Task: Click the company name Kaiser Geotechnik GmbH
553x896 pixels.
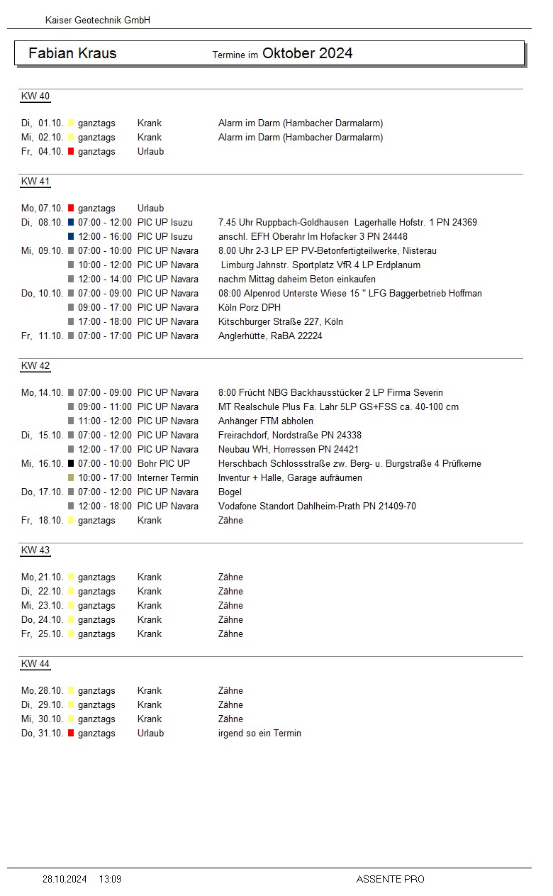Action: click(97, 21)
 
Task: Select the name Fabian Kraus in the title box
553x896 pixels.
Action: click(72, 53)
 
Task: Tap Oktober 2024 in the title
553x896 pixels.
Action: click(307, 53)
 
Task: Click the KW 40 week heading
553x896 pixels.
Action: click(35, 96)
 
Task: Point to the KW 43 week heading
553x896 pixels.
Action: click(35, 551)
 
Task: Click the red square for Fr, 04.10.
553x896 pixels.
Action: click(71, 151)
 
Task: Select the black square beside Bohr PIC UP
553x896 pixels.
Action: click(71, 463)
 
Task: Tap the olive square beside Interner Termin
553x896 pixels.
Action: click(71, 477)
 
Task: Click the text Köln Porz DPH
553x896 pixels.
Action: click(250, 307)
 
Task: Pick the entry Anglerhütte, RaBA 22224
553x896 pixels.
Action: click(270, 336)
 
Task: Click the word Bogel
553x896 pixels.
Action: click(230, 492)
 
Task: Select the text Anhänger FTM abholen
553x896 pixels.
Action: click(266, 421)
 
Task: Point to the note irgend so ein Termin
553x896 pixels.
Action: click(259, 733)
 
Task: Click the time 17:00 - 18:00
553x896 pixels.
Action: click(105, 321)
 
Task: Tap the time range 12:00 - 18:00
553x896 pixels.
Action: click(105, 506)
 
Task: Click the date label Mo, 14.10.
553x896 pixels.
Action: click(43, 392)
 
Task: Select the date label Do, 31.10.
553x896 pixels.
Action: click(43, 733)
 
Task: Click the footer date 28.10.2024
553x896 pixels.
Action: click(65, 879)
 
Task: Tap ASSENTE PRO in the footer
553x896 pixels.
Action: click(390, 879)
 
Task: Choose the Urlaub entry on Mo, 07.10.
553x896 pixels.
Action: click(150, 208)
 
